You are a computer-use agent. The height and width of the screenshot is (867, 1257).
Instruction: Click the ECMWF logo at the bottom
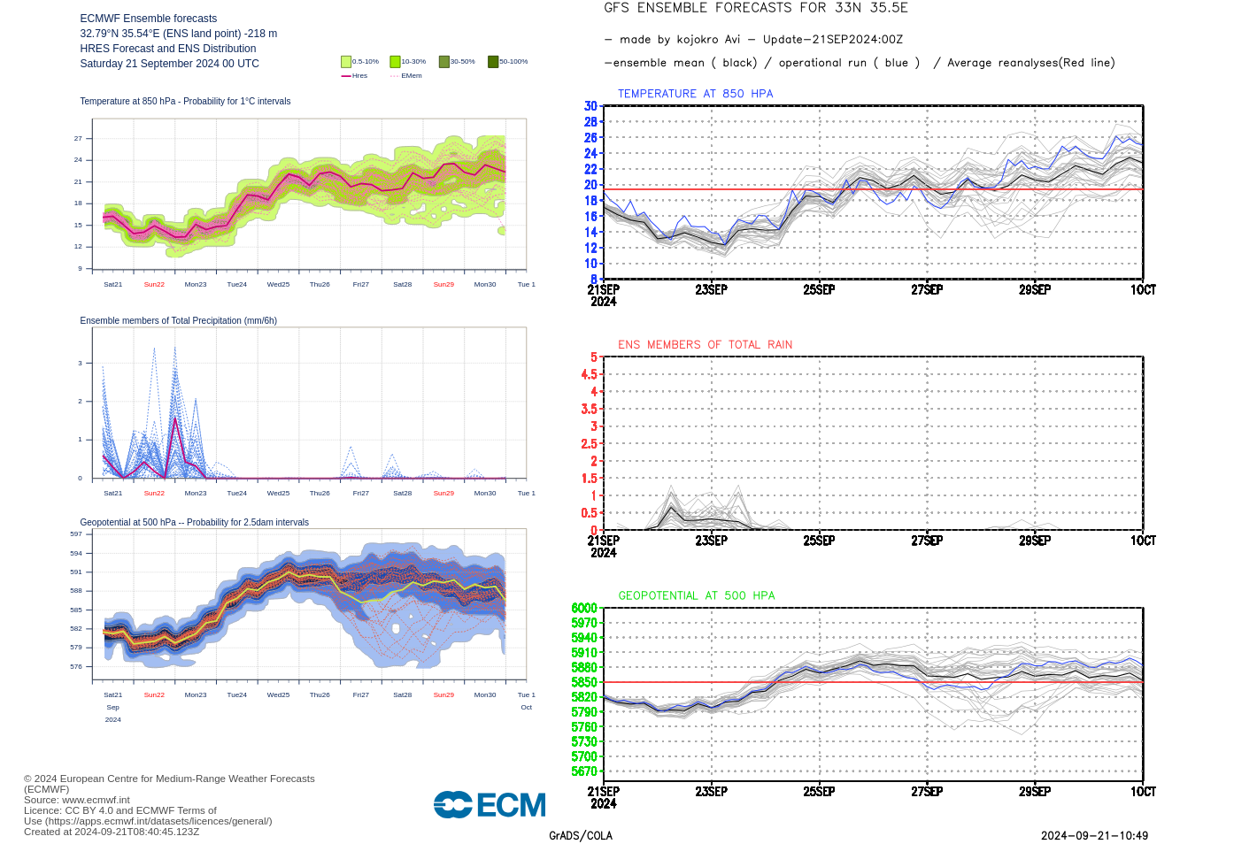tap(490, 805)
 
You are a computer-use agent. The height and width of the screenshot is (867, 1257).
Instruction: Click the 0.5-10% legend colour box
tap(346, 62)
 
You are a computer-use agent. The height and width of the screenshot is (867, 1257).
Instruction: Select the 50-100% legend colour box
tap(493, 62)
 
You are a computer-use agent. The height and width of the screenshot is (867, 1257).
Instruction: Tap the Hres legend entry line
tap(346, 76)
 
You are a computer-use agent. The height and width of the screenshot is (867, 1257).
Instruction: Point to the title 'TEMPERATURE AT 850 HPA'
tap(695, 94)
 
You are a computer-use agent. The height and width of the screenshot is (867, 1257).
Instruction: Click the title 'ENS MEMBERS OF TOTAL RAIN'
tap(705, 345)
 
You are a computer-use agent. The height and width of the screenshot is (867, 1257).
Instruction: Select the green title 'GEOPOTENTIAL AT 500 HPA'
tap(696, 596)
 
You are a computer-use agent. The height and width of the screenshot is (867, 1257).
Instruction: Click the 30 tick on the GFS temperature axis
tap(590, 106)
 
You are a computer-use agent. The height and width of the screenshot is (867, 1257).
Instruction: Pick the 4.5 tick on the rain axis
tap(589, 374)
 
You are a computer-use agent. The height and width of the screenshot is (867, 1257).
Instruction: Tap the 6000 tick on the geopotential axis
tap(584, 608)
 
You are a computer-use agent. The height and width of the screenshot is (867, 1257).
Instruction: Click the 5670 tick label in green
tap(584, 771)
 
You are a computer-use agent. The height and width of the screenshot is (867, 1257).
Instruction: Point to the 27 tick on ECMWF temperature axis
tap(78, 139)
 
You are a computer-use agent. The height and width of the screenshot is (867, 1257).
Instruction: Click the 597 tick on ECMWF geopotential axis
tap(76, 534)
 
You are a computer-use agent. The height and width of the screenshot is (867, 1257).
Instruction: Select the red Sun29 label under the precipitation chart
tap(443, 494)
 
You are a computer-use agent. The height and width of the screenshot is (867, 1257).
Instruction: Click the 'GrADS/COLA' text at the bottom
tap(581, 836)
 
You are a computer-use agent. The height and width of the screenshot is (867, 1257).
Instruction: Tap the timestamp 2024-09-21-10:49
tap(1094, 836)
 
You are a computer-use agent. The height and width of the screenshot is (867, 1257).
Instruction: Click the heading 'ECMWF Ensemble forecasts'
tap(148, 19)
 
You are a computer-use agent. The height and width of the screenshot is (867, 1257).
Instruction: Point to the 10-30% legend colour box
tap(395, 62)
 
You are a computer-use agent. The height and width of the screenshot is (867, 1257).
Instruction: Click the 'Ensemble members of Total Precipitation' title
tap(178, 321)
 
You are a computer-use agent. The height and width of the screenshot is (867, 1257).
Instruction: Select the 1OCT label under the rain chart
tap(1143, 541)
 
